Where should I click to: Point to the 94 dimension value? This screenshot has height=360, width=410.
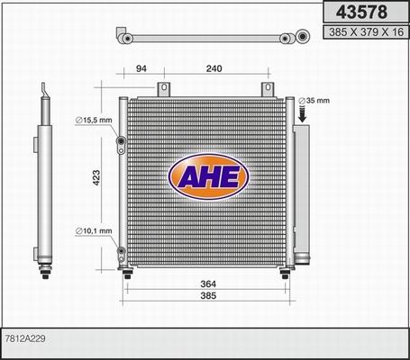[x=141, y=67]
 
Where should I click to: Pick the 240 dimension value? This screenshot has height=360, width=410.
[x=214, y=67]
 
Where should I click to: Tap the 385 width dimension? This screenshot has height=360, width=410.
[x=207, y=297]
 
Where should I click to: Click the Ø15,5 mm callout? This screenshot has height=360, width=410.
[x=95, y=120]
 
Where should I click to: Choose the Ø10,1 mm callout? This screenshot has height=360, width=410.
[x=95, y=231]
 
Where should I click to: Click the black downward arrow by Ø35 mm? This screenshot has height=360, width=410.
[x=303, y=113]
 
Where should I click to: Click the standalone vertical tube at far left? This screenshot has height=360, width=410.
[x=41, y=180]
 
